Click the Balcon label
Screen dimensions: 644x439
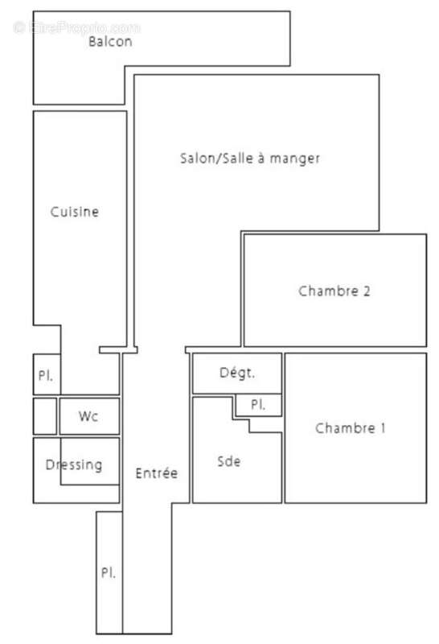point(110,42)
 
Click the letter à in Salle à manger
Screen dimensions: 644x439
point(261,159)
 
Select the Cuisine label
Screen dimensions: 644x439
point(75,213)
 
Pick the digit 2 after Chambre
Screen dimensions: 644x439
point(366,291)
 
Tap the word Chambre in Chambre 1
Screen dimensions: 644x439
point(343,428)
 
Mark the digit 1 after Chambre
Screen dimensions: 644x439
point(382,428)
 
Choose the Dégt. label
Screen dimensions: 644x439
point(237,373)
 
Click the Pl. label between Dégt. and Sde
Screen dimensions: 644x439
point(257,405)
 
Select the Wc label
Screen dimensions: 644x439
point(88,417)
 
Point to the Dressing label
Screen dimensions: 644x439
point(74,464)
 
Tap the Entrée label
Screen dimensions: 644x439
point(156,473)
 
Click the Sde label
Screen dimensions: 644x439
point(229,461)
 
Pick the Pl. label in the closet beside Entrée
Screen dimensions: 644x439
point(108,573)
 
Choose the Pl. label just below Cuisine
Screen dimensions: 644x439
point(45,376)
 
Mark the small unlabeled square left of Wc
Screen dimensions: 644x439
point(44,415)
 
